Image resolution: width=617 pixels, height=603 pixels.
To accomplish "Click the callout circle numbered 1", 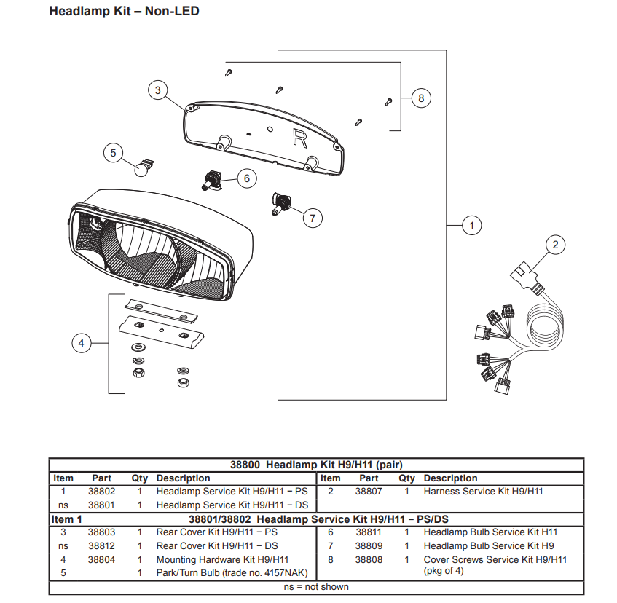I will (471, 226).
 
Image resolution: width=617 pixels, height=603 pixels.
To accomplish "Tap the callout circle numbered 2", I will (555, 245).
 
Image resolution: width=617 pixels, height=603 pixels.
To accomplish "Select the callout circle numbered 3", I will (157, 90).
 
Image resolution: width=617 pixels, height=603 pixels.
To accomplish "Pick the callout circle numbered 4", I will (82, 343).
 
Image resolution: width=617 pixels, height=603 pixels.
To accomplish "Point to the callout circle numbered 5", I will (113, 153).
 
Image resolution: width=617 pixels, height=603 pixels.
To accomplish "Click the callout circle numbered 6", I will (246, 178).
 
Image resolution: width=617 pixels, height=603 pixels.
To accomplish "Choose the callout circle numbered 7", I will (312, 217).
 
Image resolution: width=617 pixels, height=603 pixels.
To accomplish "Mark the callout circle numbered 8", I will (421, 98).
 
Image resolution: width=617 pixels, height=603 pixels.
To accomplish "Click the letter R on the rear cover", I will (299, 138).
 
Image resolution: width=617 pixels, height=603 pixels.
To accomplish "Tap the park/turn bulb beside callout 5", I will (144, 168).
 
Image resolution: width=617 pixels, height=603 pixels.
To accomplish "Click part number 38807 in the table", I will (369, 492).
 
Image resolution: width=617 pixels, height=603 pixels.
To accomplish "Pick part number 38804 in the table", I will (101, 560).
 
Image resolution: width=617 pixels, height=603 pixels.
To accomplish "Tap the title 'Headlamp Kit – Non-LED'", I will (124, 12).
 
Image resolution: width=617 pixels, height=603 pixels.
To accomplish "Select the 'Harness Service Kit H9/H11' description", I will (483, 492).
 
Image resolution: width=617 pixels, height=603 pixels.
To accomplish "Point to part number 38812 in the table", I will (101, 546).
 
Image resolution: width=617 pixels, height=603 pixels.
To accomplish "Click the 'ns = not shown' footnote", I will (316, 587).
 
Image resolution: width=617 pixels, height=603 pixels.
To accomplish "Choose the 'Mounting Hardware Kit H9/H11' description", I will (222, 560).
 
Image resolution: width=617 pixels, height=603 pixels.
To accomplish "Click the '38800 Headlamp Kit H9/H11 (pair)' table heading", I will (316, 465).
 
